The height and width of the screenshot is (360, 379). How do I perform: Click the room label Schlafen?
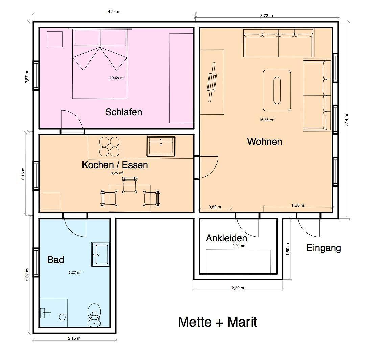[x=123, y=112]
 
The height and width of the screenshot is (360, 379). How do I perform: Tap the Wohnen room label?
[x=264, y=142]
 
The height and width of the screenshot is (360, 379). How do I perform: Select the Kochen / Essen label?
[x=115, y=165]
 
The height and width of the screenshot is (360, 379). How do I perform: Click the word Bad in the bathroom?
[x=55, y=260]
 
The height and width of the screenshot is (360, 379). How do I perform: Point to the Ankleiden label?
[x=226, y=238]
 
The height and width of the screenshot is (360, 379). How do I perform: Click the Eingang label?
[x=324, y=248]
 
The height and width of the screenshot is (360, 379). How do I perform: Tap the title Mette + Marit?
[x=217, y=322]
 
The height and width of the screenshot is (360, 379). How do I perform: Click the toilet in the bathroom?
[x=94, y=315]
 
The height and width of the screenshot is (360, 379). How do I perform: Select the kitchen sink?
[x=161, y=147]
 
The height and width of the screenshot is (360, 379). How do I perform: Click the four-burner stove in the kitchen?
[x=109, y=146]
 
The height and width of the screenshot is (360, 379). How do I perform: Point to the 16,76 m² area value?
[x=266, y=120]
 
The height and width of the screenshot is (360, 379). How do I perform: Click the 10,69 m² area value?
[x=117, y=78]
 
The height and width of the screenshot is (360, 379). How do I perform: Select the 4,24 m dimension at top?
[x=114, y=11]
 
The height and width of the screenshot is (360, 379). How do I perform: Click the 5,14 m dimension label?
[x=346, y=120]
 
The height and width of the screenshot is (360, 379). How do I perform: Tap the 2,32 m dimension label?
[x=238, y=288]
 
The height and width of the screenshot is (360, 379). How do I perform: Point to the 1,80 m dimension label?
[x=298, y=205]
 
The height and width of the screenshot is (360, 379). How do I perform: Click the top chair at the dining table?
[x=129, y=185]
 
